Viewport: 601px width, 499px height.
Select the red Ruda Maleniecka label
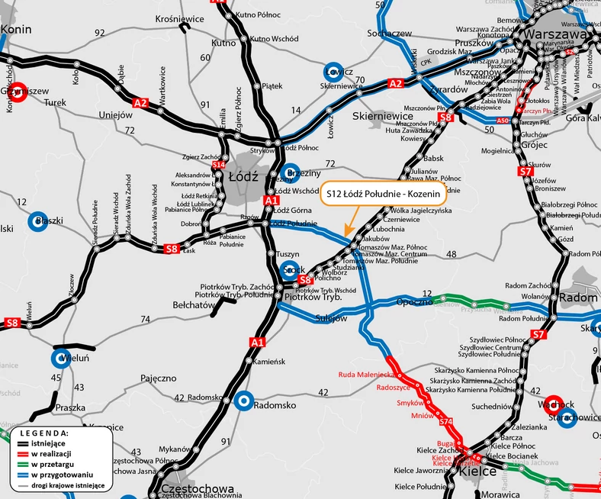point(366,375)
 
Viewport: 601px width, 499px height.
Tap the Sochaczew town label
point(390,34)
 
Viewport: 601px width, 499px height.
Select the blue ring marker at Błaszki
point(38,222)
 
